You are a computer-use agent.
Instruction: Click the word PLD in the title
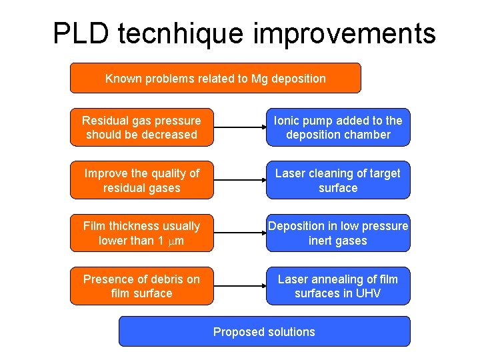(x=79, y=33)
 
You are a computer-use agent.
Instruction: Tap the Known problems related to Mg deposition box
(x=215, y=78)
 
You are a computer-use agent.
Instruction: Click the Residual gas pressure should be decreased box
(x=142, y=127)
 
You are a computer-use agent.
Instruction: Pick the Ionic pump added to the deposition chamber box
(x=338, y=127)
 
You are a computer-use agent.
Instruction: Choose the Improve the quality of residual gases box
(x=142, y=180)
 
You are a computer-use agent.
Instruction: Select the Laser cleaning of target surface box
(x=338, y=180)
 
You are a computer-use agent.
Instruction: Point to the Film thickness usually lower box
(x=142, y=233)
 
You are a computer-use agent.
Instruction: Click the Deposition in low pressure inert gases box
(x=338, y=233)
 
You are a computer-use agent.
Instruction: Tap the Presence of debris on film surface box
(x=142, y=286)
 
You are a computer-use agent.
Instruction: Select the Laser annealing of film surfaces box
(x=338, y=286)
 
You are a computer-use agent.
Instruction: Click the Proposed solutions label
(x=264, y=331)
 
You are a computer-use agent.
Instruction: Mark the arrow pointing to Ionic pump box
(x=239, y=127)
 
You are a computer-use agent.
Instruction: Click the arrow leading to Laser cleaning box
(x=239, y=180)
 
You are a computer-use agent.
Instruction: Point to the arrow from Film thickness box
(x=239, y=233)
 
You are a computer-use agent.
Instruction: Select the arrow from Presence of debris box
(x=239, y=286)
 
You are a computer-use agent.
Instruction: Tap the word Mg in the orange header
(x=259, y=79)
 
